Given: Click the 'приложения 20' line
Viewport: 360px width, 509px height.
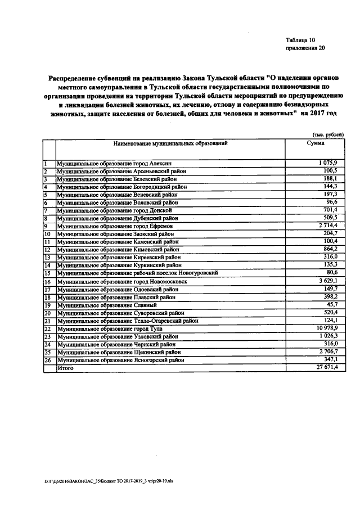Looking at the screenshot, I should tap(305, 48).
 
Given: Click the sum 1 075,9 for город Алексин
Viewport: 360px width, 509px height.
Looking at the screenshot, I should tap(326, 163).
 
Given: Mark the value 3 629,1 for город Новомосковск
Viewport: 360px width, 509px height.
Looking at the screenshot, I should tap(326, 281).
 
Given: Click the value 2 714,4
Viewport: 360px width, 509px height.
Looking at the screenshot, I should tap(326, 226).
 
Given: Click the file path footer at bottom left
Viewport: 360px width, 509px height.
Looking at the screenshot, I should tap(102, 482).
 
